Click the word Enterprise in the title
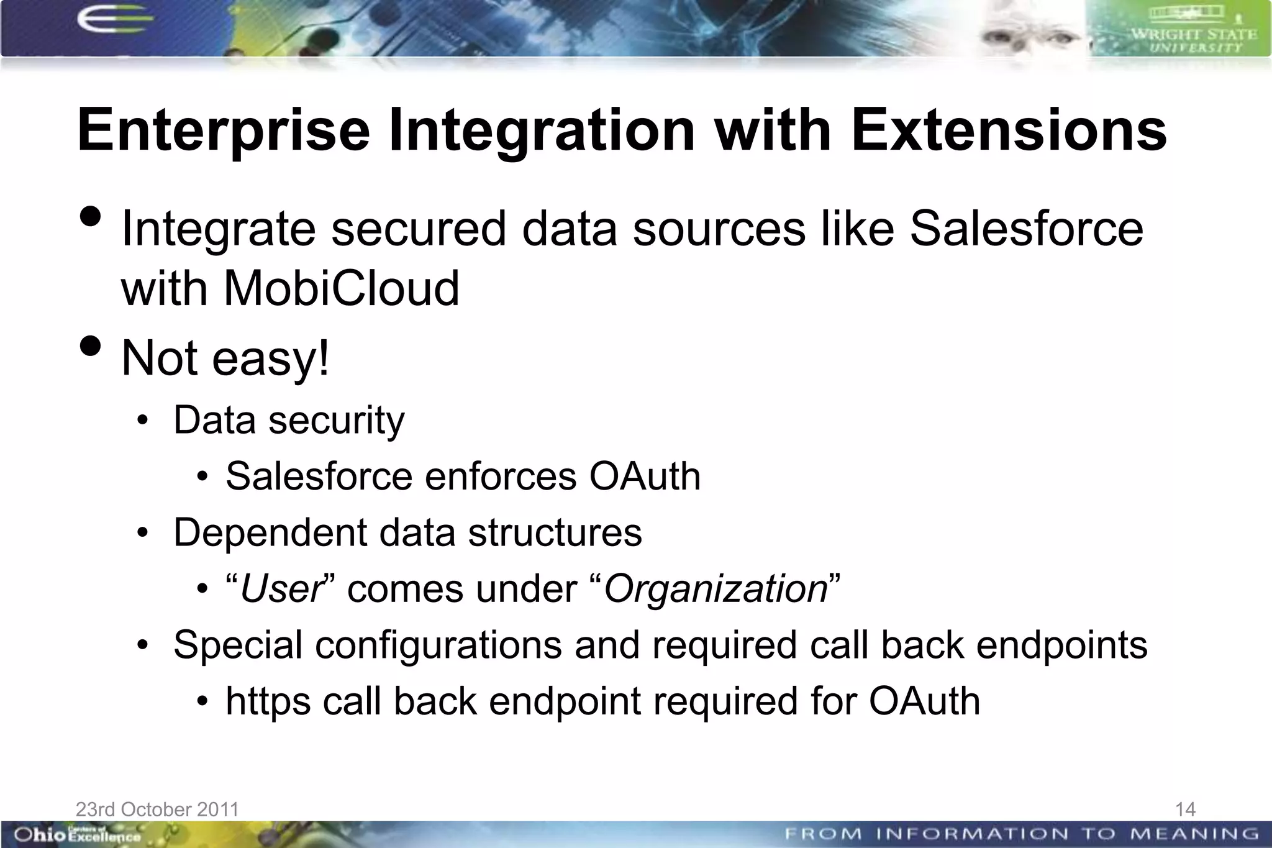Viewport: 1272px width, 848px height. tap(224, 131)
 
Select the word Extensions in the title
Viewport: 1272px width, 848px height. tap(1009, 131)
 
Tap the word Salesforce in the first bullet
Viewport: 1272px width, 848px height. tap(1026, 229)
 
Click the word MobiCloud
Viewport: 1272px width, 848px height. tap(341, 288)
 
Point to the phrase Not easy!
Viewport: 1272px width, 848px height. tap(225, 358)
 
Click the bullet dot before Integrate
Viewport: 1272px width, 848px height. tap(91, 217)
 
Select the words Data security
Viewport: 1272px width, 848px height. tap(289, 421)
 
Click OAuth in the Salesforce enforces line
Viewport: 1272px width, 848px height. tap(645, 476)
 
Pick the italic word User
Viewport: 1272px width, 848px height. tap(281, 589)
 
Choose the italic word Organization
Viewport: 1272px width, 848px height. tap(715, 589)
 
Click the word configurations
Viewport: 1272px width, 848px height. tap(438, 645)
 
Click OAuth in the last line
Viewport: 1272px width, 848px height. tap(924, 701)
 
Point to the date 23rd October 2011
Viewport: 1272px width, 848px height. tap(157, 809)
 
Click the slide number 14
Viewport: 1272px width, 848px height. tap(1185, 809)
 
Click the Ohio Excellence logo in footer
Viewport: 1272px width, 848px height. tap(78, 834)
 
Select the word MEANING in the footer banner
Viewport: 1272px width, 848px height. tap(1194, 834)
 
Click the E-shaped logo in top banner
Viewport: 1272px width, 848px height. tap(112, 20)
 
